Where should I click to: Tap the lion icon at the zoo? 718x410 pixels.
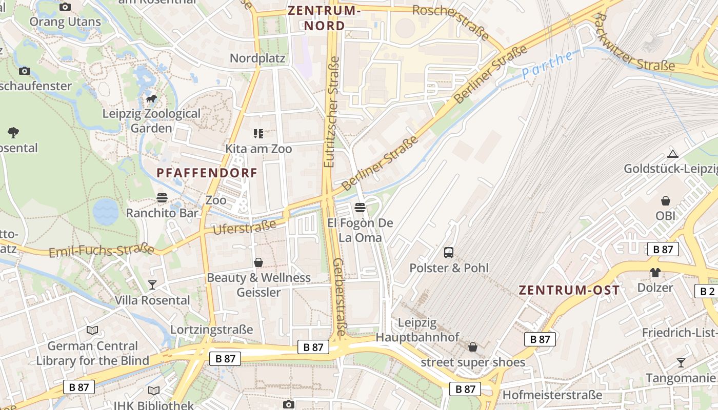coord(151,98)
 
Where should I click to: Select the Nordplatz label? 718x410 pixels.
coord(257,58)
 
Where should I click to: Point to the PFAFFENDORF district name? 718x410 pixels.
coord(207,173)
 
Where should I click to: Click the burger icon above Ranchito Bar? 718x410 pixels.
coord(162,198)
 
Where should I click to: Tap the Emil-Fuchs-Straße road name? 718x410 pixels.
coord(102,251)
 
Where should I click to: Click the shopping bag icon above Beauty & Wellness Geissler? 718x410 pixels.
coord(258,262)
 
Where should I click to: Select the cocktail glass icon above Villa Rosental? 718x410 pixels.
coord(152,284)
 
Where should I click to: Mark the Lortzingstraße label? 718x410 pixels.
coord(212,329)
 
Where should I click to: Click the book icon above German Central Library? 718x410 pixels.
coord(92,331)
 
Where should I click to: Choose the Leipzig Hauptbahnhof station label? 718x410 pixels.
coord(417,330)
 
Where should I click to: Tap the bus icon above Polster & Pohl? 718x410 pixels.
coord(449,252)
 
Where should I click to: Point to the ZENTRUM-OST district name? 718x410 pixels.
coord(569,290)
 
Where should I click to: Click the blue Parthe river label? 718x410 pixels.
coord(548,65)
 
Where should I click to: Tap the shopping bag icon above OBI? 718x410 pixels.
coord(666,200)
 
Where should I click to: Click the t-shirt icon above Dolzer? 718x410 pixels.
coord(655,272)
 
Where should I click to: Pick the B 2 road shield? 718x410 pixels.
coord(707,291)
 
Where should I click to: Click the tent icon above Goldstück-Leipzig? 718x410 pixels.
coord(673,154)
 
